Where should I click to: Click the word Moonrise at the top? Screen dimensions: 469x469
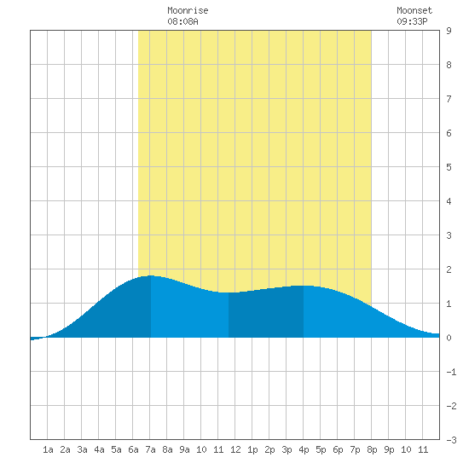pos(188,10)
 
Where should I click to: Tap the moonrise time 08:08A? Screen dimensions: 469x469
pos(182,21)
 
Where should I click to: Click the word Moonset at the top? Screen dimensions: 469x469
pos(414,10)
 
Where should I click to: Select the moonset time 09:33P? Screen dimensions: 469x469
pos(412,21)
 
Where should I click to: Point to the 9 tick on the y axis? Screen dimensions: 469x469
pos(449,31)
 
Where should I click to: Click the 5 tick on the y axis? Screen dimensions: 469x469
pos(449,167)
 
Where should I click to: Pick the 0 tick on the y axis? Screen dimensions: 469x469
pos(449,338)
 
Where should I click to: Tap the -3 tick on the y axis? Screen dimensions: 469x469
pos(452,440)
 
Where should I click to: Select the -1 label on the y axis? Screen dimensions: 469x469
pos(452,372)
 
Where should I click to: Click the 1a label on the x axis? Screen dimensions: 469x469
pos(48,449)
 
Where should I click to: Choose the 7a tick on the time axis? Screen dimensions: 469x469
pos(150,449)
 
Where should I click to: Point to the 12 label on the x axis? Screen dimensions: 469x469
pos(235,449)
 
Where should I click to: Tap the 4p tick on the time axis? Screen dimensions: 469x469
pos(304,449)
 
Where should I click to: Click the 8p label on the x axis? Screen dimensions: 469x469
pos(372,449)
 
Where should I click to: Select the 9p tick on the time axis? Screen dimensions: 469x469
pos(389,449)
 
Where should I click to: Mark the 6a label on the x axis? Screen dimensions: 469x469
pos(133,449)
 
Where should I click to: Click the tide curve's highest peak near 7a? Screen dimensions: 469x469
pos(151,275)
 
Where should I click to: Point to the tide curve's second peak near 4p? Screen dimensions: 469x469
pos(304,286)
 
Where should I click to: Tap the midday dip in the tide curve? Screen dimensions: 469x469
pos(229,292)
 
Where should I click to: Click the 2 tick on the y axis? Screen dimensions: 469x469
pos(449,269)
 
